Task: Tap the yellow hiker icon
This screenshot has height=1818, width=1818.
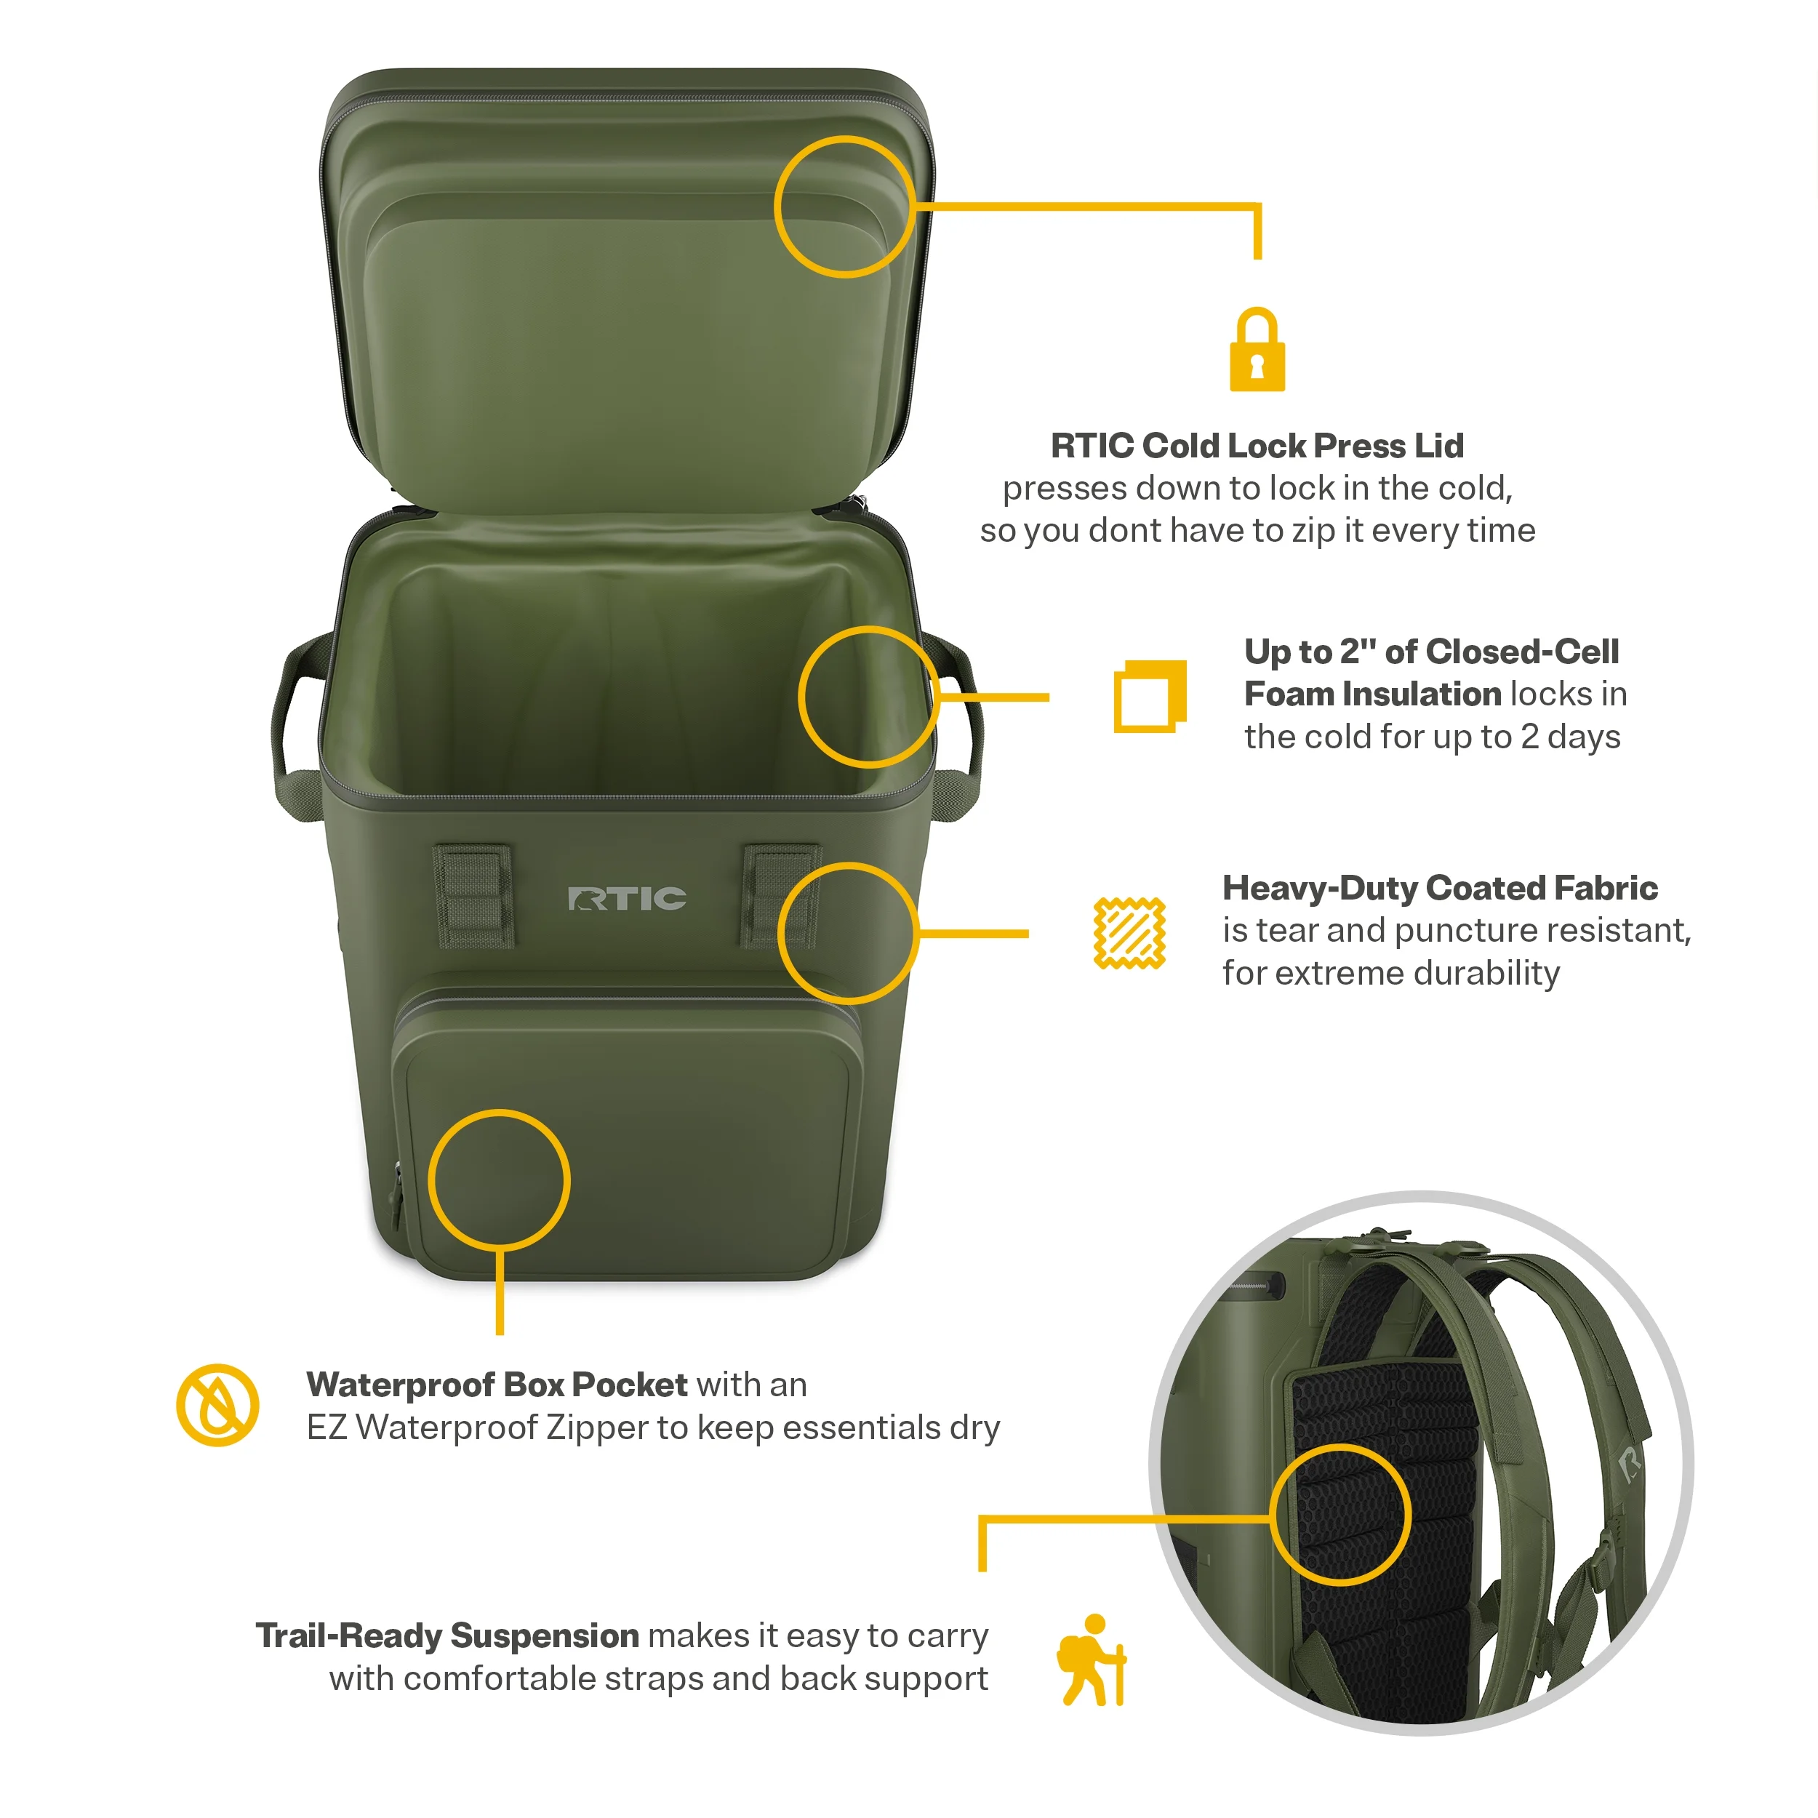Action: click(x=1092, y=1660)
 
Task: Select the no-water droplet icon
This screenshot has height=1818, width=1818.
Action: click(x=217, y=1405)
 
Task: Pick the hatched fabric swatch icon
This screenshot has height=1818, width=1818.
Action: click(x=1129, y=932)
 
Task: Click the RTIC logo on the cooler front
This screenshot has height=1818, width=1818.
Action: click(x=627, y=899)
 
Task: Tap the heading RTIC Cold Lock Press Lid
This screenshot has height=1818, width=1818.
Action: click(x=1257, y=445)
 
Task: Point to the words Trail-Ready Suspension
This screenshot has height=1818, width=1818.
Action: click(x=448, y=1635)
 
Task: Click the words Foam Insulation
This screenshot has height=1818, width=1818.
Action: click(x=1373, y=694)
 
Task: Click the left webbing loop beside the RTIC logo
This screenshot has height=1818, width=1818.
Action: click(x=473, y=895)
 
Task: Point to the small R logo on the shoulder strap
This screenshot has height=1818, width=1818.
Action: click(x=1630, y=1463)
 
